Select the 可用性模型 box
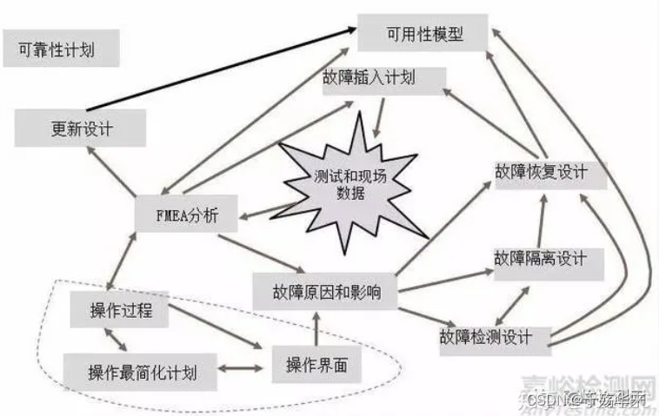pyautogui.click(x=424, y=35)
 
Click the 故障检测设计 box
pyautogui.click(x=496, y=335)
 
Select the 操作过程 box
pyautogui.click(x=121, y=309)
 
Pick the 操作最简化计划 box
pyautogui.click(x=142, y=373)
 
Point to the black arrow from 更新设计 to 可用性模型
pyautogui.click(x=217, y=69)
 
